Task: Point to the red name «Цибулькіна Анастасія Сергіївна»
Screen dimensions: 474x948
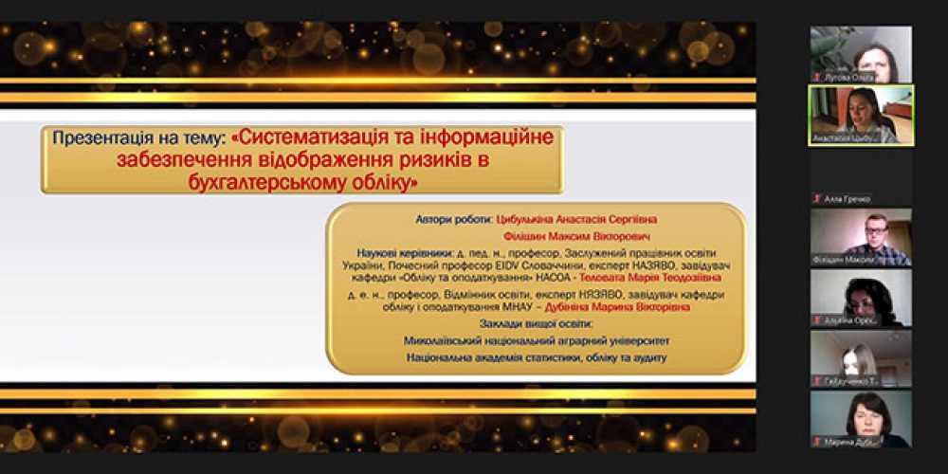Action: tap(576, 219)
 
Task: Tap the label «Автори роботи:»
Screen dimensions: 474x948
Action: tap(453, 219)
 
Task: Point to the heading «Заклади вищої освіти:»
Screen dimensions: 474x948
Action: tap(536, 323)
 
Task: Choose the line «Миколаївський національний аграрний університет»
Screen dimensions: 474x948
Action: tap(536, 339)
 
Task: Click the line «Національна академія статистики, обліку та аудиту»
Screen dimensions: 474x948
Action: tap(536, 357)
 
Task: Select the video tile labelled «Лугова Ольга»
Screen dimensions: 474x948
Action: tap(861, 54)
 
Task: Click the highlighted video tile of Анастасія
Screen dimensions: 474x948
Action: tap(861, 115)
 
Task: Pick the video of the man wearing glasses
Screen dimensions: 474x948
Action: tap(861, 236)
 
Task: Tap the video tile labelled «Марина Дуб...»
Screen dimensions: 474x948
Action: tap(861, 418)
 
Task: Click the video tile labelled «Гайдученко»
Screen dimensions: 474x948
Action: tap(861, 357)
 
